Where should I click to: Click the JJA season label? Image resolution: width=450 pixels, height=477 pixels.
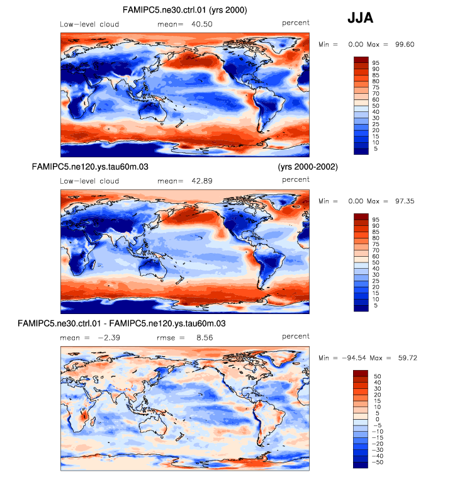point(361,19)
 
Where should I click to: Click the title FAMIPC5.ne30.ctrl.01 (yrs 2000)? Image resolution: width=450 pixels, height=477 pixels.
point(184,10)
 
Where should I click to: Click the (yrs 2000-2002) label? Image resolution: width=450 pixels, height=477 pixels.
point(308,167)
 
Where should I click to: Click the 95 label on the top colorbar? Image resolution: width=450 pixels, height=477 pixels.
point(375,63)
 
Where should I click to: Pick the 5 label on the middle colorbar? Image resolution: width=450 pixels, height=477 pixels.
point(375,305)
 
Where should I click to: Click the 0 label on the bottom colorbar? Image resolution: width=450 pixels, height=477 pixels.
point(375,418)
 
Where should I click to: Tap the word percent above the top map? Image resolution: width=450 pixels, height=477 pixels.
point(296,23)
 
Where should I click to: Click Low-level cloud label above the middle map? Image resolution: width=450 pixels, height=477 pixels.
point(89,181)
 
